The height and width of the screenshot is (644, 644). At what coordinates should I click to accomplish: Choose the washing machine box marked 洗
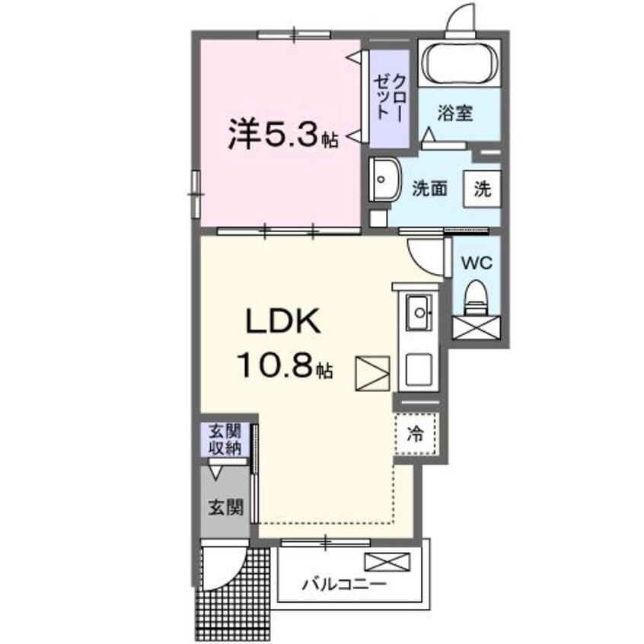point(483,187)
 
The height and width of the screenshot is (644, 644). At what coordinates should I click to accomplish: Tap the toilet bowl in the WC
point(477,295)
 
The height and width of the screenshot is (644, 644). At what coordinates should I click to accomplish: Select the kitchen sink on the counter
point(418,311)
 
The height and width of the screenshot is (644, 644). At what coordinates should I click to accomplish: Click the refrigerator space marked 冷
point(416,435)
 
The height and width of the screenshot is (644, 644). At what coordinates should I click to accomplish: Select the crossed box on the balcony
point(387,563)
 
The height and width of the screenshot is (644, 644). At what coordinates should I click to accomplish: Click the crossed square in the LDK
point(371,375)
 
